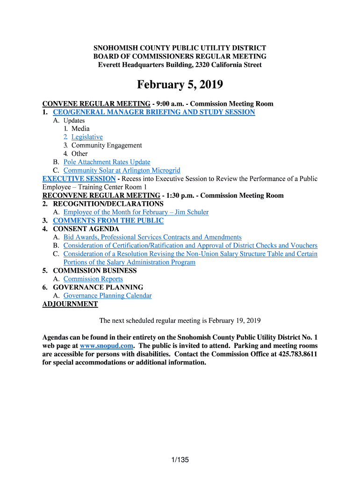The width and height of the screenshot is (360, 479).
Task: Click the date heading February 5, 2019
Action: click(180, 85)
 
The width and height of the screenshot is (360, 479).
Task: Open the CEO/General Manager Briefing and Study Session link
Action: click(154, 112)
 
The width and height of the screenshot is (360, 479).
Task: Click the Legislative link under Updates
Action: click(87, 137)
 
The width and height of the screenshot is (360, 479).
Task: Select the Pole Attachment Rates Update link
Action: click(107, 162)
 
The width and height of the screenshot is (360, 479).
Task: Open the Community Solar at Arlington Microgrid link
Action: click(122, 171)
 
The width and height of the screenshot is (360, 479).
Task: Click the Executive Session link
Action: click(79, 179)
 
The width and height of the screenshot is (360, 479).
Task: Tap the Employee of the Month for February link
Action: click(136, 212)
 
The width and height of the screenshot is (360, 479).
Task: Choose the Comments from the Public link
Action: click(108, 221)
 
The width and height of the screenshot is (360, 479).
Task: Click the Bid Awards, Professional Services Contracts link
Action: click(152, 238)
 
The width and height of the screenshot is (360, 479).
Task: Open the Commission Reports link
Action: click(93, 279)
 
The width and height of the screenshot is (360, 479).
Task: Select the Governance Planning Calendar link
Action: click(108, 296)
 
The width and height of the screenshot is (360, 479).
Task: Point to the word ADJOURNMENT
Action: click(70, 304)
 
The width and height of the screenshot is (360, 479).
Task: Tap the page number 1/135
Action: click(180, 460)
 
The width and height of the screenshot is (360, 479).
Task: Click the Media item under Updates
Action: click(80, 129)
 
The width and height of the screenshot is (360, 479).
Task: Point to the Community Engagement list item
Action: click(107, 145)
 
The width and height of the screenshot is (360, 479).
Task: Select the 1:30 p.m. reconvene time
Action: click(178, 196)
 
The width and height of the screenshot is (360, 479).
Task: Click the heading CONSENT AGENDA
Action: click(86, 229)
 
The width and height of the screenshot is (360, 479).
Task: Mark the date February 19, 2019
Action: click(234, 321)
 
